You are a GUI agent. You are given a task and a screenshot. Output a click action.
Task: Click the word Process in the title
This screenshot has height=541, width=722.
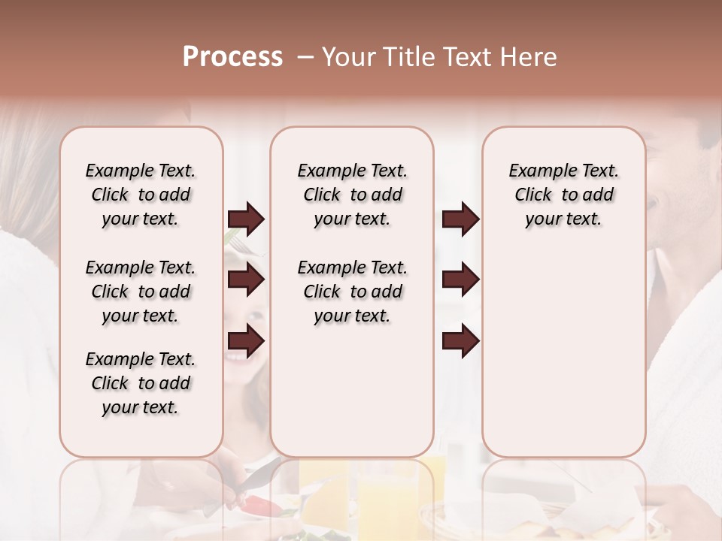click(x=232, y=57)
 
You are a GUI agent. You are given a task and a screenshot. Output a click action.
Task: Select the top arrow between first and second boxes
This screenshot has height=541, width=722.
click(x=246, y=219)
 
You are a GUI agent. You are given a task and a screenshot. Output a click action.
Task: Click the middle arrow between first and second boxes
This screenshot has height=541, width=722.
click(x=246, y=280)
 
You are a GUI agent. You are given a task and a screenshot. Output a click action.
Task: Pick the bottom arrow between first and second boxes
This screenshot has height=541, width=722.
click(x=246, y=342)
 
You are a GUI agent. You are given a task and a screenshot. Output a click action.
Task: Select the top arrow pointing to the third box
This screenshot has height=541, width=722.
click(x=460, y=219)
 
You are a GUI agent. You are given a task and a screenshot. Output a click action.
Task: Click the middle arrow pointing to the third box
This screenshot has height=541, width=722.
click(x=460, y=280)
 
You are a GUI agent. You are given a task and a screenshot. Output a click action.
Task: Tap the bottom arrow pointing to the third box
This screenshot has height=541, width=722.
click(x=460, y=342)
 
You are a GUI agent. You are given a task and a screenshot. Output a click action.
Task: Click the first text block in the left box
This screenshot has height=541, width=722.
click(x=141, y=195)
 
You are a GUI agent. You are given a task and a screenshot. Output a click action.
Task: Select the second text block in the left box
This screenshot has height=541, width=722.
click(x=141, y=292)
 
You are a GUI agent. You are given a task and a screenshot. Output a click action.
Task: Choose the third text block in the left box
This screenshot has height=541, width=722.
click(x=141, y=383)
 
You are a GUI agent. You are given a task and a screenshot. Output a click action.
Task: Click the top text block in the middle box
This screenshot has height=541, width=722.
click(x=352, y=195)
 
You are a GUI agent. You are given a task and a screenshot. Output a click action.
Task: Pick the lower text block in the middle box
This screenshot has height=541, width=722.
click(x=352, y=292)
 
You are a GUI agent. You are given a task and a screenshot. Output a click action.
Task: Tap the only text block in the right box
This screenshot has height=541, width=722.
click(x=563, y=195)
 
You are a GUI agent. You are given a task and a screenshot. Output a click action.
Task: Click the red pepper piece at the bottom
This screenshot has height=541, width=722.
click(x=263, y=506)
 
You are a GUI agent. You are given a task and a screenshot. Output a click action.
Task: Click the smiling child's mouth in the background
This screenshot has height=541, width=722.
click(x=238, y=356)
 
